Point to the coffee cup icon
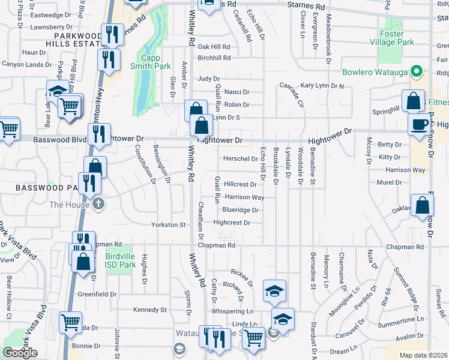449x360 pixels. (x=418, y=124)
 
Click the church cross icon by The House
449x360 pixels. (x=98, y=205)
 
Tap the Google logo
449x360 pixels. (x=20, y=352)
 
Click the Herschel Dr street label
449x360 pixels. (x=240, y=158)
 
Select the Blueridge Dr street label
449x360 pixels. (x=240, y=210)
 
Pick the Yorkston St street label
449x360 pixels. (x=168, y=225)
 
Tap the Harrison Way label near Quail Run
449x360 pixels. (x=244, y=197)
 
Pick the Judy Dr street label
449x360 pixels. (x=209, y=79)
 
